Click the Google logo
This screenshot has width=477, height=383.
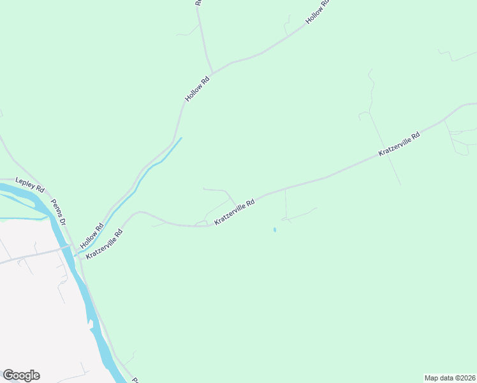coord(21,375)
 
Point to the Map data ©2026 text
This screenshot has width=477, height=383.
coord(450,378)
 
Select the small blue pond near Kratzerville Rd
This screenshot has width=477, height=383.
coord(275,230)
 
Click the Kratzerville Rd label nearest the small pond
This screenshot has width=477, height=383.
coord(235,211)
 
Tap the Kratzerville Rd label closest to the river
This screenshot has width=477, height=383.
coord(104,244)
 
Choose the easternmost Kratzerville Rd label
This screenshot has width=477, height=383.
coord(399,144)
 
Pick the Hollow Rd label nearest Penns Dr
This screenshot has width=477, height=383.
coord(92,236)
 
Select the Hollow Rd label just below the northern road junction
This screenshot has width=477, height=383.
coord(197,89)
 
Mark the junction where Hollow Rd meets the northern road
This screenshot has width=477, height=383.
coord(213,72)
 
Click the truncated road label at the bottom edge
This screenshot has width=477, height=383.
coord(135,380)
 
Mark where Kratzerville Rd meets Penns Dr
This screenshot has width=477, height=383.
coord(80,257)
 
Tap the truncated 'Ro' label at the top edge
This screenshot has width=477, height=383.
coord(198,3)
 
